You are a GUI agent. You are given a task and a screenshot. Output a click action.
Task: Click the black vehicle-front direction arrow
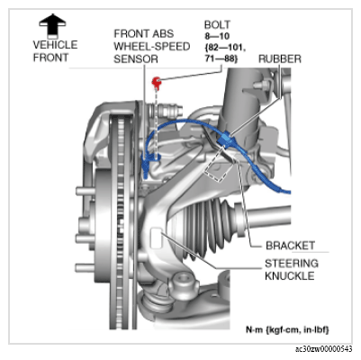[x=52, y=25]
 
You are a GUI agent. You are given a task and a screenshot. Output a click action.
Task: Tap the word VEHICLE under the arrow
[x=55, y=45]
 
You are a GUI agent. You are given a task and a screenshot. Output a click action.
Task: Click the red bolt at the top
[x=156, y=82]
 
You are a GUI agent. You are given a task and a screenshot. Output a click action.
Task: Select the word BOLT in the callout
[x=217, y=24]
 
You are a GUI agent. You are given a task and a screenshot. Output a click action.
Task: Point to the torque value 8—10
[x=217, y=36]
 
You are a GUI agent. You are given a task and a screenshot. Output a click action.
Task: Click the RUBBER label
[x=280, y=58]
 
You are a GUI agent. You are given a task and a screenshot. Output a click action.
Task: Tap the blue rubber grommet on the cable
[x=225, y=139]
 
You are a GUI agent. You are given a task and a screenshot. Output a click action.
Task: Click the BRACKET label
[x=291, y=246]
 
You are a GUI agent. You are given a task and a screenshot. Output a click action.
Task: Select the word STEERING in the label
[x=292, y=263]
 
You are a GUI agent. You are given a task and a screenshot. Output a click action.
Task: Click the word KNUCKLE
[x=290, y=275]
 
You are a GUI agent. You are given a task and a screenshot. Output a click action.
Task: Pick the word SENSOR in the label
[x=136, y=58]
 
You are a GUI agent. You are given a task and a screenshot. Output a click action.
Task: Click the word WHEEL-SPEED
[x=152, y=47]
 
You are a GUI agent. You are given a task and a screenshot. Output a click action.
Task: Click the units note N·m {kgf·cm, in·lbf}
[x=287, y=329]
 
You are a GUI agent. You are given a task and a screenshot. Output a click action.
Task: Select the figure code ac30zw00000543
[x=323, y=349]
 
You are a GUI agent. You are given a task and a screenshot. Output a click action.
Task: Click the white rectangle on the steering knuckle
[x=156, y=238]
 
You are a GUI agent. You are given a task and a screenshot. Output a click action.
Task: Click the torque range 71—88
[x=221, y=58]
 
